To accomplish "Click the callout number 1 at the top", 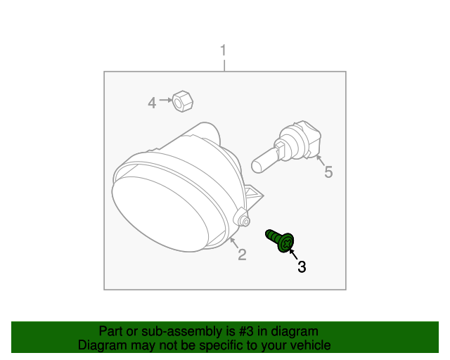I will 224,51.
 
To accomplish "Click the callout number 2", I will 241,255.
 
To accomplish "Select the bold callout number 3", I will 302,266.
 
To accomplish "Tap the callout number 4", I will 151,103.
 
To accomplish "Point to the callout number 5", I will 328,172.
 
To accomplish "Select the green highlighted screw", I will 281,240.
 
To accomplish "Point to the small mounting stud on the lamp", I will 245,221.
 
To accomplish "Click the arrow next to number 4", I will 166,101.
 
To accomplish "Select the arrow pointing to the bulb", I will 321,161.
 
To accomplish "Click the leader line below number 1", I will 224,65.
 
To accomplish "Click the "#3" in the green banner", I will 243,331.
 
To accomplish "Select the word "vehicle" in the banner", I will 310,345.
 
